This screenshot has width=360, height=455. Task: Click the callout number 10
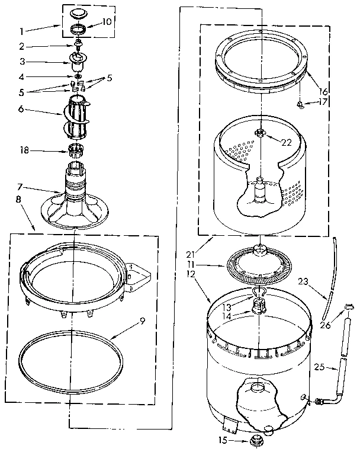point(107,21)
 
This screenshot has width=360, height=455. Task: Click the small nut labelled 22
point(259,132)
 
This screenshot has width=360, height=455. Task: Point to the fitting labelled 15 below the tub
point(257,440)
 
